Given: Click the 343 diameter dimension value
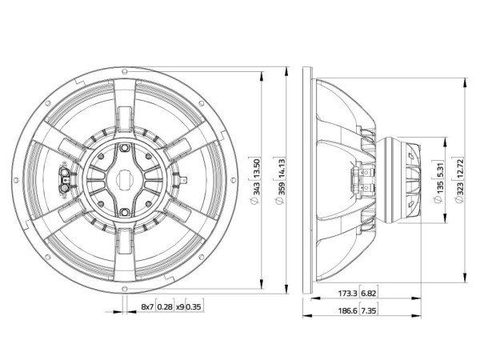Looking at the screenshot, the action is [x=256, y=189].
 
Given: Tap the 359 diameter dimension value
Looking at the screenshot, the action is [x=282, y=189].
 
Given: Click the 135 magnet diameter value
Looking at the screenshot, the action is [x=440, y=188].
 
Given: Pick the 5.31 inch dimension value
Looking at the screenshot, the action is [x=440, y=170].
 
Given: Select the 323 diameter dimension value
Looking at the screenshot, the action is [x=460, y=188].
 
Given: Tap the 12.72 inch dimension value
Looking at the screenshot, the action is [x=460, y=168].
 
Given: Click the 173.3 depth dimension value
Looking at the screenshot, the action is [x=347, y=294].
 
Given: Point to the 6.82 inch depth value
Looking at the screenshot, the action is [x=368, y=294].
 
